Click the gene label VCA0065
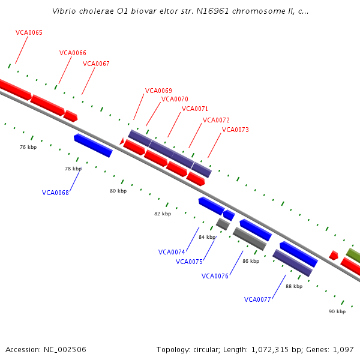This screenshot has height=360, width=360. pos(29,32)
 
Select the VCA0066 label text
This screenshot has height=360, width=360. pos(73,53)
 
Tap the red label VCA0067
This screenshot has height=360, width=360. pos(96,64)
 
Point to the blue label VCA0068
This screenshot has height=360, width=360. pos(55,193)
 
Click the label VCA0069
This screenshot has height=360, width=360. pos(158,91)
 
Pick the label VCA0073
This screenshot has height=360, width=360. pos(235,130)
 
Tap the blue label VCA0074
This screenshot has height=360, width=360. pos(172,252)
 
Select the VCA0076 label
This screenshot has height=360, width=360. pos(215,276)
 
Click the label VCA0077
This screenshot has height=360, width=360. pos(257,299)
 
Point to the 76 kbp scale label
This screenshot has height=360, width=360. pos(28,147)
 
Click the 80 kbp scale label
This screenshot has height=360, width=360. pos(118,191)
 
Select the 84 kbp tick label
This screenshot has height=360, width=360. pos(207,237)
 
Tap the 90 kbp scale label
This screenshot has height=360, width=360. pos(337,311)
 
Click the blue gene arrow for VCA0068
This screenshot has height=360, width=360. pos(93,146)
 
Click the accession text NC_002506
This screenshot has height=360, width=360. pos(64,349)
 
